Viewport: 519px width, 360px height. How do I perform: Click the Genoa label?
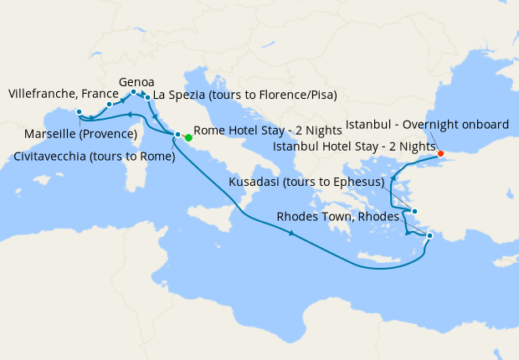point(136,82)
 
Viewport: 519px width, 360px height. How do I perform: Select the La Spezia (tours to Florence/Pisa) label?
point(245,95)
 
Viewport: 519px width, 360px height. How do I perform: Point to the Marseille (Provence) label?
point(81,134)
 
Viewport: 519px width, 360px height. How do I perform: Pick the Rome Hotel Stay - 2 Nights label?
point(267,131)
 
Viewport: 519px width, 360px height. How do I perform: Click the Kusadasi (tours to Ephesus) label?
point(306,182)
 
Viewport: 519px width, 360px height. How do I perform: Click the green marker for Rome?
point(188,137)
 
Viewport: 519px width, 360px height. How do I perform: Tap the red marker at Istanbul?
point(440,153)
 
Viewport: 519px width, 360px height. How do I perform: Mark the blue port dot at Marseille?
point(79,112)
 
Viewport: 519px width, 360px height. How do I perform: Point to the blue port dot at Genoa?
point(134,92)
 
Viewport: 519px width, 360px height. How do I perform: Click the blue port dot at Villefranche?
point(110,105)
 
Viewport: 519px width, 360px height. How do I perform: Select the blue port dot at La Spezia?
point(148,97)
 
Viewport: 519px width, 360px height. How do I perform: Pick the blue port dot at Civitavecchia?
point(177,135)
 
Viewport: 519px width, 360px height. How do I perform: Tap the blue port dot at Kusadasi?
point(414,212)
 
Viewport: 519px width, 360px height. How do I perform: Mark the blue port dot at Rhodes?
point(429,236)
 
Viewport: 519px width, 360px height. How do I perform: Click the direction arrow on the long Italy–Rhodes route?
point(291,234)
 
